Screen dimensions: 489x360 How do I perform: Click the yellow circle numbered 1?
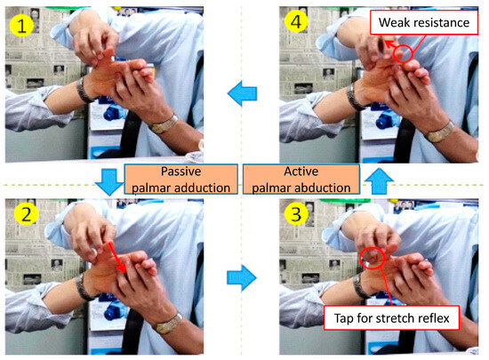21,25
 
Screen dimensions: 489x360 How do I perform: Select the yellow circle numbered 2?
26,214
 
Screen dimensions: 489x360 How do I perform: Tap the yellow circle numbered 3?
296,214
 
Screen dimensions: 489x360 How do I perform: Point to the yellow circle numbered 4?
296,21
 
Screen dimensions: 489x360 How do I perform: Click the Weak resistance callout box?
424,22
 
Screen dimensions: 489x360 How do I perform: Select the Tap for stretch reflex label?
392,318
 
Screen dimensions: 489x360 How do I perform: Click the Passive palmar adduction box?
180,180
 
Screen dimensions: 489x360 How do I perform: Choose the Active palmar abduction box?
301,180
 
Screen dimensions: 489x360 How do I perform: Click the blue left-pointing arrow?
243,93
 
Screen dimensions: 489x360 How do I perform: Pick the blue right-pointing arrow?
242,277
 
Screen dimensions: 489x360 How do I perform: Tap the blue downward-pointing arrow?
109,182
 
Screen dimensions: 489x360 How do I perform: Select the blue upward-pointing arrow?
379,181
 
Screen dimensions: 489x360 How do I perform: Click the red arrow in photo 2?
116,258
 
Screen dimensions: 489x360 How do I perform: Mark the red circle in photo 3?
373,258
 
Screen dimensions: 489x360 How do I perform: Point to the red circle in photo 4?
403,53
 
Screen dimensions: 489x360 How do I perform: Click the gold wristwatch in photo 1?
164,124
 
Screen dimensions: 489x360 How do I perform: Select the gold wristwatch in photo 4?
439,132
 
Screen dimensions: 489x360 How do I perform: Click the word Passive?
180,172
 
